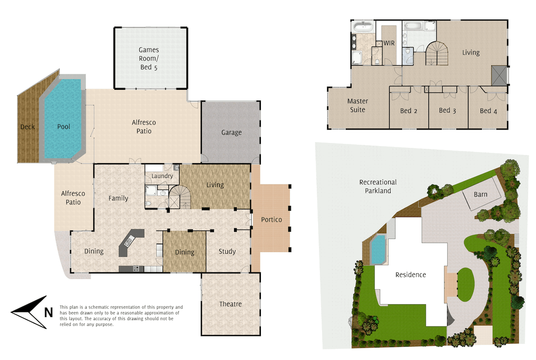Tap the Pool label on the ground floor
click(64, 126)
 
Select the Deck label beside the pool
click(28, 127)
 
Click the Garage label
click(231, 132)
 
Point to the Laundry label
click(162, 176)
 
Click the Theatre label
click(230, 304)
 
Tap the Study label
click(227, 251)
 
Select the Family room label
click(118, 198)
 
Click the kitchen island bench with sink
click(130, 243)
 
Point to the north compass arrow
click(29, 312)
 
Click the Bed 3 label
click(448, 110)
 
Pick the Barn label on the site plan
click(481, 194)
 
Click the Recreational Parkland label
click(378, 186)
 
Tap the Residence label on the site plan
click(410, 275)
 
